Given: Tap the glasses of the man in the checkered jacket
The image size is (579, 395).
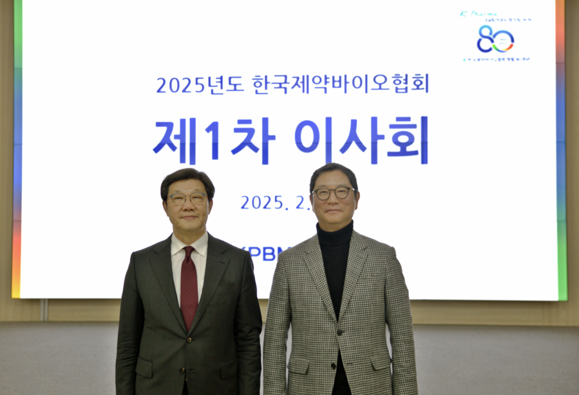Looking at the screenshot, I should tap(333, 193).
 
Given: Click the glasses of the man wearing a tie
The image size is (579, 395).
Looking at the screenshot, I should tap(187, 198).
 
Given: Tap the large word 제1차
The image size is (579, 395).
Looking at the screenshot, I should tap(214, 140).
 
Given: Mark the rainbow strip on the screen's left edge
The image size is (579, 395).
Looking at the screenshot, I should tap(17, 148).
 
